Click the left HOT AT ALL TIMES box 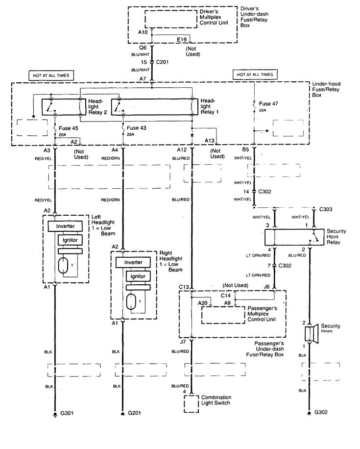coord(51,75)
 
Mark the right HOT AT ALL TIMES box coord(256,74)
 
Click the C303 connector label coord(325,209)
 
